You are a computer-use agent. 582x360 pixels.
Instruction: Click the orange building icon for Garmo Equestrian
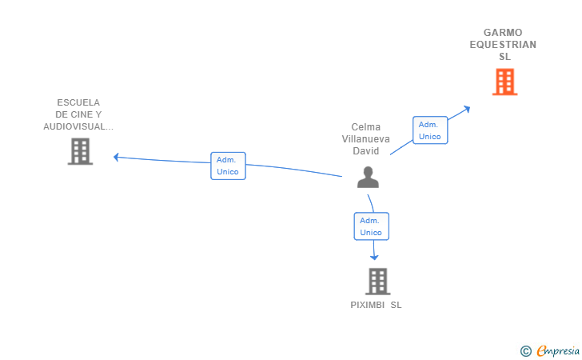[x=504, y=82]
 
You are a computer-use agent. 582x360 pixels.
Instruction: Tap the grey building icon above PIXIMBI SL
[x=378, y=282]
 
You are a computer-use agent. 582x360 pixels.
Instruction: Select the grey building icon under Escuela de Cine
[x=80, y=151]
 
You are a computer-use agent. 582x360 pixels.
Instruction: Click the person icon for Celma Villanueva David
[x=368, y=178]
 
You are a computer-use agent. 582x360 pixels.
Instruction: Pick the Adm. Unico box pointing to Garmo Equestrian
[x=430, y=130]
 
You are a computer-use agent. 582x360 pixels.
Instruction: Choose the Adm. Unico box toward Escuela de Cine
[x=228, y=166]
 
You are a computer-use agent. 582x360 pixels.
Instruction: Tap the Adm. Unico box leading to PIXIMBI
[x=371, y=226]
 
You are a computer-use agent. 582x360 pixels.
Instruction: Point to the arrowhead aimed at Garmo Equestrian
[x=468, y=110]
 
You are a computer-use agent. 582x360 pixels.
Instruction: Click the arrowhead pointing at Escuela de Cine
[x=116, y=157]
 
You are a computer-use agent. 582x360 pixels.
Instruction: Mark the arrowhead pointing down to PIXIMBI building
[x=374, y=257]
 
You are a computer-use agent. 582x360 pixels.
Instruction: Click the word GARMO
[x=503, y=33]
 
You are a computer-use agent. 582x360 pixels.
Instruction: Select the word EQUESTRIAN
[x=503, y=45]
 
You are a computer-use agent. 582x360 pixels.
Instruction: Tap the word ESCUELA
[x=78, y=102]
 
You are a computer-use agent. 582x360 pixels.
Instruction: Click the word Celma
[x=366, y=127]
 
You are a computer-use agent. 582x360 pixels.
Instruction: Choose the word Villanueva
[x=365, y=139]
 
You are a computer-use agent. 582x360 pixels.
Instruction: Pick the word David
[x=365, y=151]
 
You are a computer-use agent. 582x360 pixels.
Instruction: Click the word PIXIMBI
[x=368, y=305]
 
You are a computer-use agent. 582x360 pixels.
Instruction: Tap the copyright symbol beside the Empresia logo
[x=525, y=351]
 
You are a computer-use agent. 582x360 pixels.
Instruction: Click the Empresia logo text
[x=558, y=350]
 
